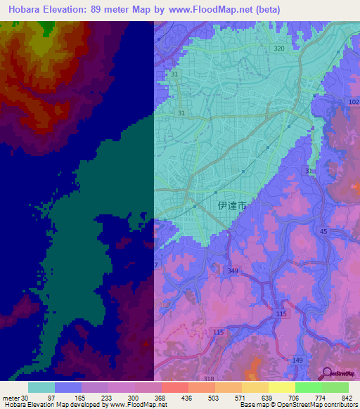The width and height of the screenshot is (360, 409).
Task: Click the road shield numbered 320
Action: pyautogui.click(x=279, y=48)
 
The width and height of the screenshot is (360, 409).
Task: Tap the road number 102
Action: pyautogui.click(x=353, y=102)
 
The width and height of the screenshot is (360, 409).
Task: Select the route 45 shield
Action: pyautogui.click(x=323, y=231)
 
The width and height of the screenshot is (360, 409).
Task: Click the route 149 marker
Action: pyautogui.click(x=298, y=361)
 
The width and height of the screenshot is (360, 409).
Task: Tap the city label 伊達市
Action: pyautogui.click(x=232, y=207)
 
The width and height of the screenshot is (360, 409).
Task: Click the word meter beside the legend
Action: pyautogui.click(x=10, y=398)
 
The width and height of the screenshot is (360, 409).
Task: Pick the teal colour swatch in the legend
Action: pyautogui.click(x=41, y=387)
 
